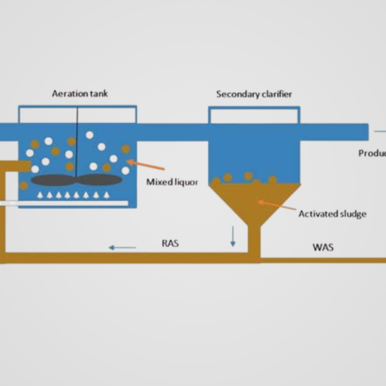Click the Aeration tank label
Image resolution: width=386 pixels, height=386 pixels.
coord(80,94)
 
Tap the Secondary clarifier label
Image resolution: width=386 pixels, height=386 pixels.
coord(254,94)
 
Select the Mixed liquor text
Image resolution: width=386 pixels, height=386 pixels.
coord(172,182)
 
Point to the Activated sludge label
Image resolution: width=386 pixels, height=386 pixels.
coord(332,214)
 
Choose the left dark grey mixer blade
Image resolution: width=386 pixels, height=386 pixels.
coord(53,179)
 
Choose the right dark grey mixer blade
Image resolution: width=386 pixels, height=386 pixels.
coord(100,179)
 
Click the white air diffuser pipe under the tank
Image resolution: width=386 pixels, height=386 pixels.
coord(65,204)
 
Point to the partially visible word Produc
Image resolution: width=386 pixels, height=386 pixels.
coord(372,153)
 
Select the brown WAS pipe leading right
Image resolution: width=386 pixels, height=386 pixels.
coord(324,260)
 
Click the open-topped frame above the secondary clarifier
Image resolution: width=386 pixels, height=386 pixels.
coord(254,115)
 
